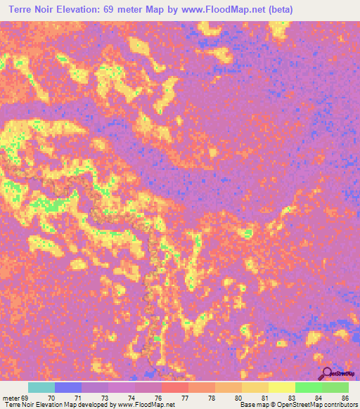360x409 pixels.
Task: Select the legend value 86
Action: tap(345, 397)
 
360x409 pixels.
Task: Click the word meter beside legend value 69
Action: tap(11, 397)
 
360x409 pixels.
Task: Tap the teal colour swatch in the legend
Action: tap(41, 387)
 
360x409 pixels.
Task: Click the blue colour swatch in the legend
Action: tap(67, 387)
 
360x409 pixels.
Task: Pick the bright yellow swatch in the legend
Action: tap(281, 387)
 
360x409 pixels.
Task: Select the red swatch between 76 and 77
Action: tap(174, 387)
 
